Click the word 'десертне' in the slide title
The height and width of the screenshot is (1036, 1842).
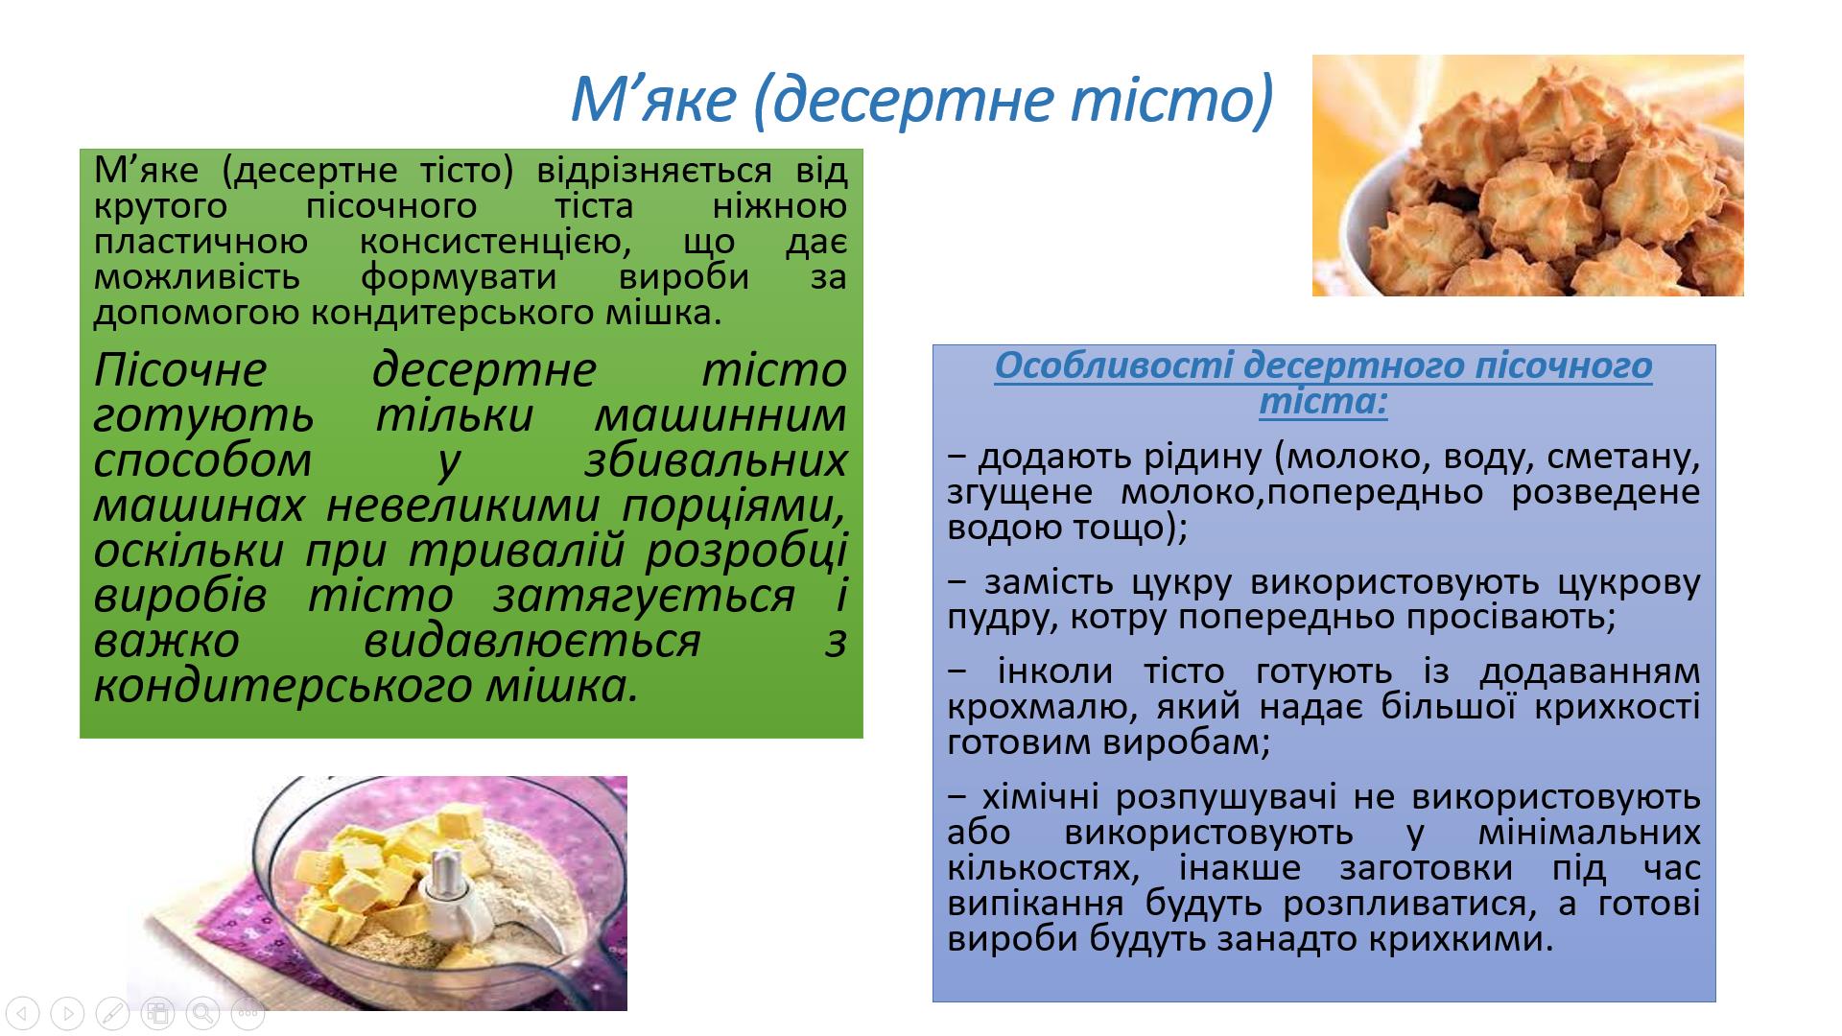[x=896, y=99]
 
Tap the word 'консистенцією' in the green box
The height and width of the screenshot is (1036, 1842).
[x=495, y=241]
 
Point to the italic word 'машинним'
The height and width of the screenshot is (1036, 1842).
[x=720, y=414]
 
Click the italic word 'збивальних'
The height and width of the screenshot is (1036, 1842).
[x=716, y=459]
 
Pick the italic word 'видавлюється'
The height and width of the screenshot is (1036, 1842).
[x=532, y=641]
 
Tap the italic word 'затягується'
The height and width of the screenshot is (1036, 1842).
[x=645, y=596]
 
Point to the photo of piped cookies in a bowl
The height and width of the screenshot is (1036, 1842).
[x=1527, y=176]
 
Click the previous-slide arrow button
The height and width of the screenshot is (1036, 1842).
[x=22, y=1013]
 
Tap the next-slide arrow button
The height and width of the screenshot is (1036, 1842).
[x=67, y=1013]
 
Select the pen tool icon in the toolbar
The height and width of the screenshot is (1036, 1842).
[x=112, y=1013]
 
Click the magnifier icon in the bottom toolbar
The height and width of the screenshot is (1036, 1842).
[x=202, y=1013]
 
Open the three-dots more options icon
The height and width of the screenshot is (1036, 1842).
[x=248, y=1013]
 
